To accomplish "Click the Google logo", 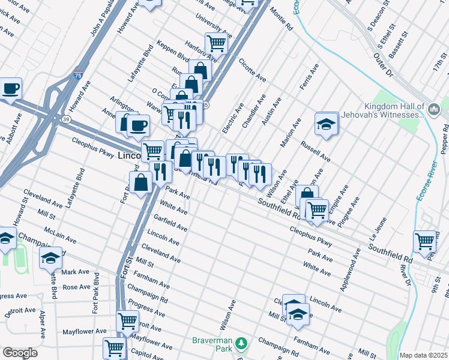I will (20, 353).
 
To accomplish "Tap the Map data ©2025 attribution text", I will (423, 355).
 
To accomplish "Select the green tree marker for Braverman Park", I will (241, 343).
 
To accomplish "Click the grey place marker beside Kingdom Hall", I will (435, 109).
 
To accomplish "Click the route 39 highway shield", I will (64, 119).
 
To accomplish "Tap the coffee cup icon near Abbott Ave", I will (10, 89).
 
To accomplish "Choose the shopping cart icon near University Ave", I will (215, 43).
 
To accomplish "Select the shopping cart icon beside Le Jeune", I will (424, 241).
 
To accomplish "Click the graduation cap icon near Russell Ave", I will (326, 124).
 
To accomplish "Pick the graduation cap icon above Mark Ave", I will (51, 258).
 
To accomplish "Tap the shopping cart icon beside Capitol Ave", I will (113, 347).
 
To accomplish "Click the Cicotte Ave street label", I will (252, 70).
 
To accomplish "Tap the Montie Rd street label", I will (281, 19).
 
